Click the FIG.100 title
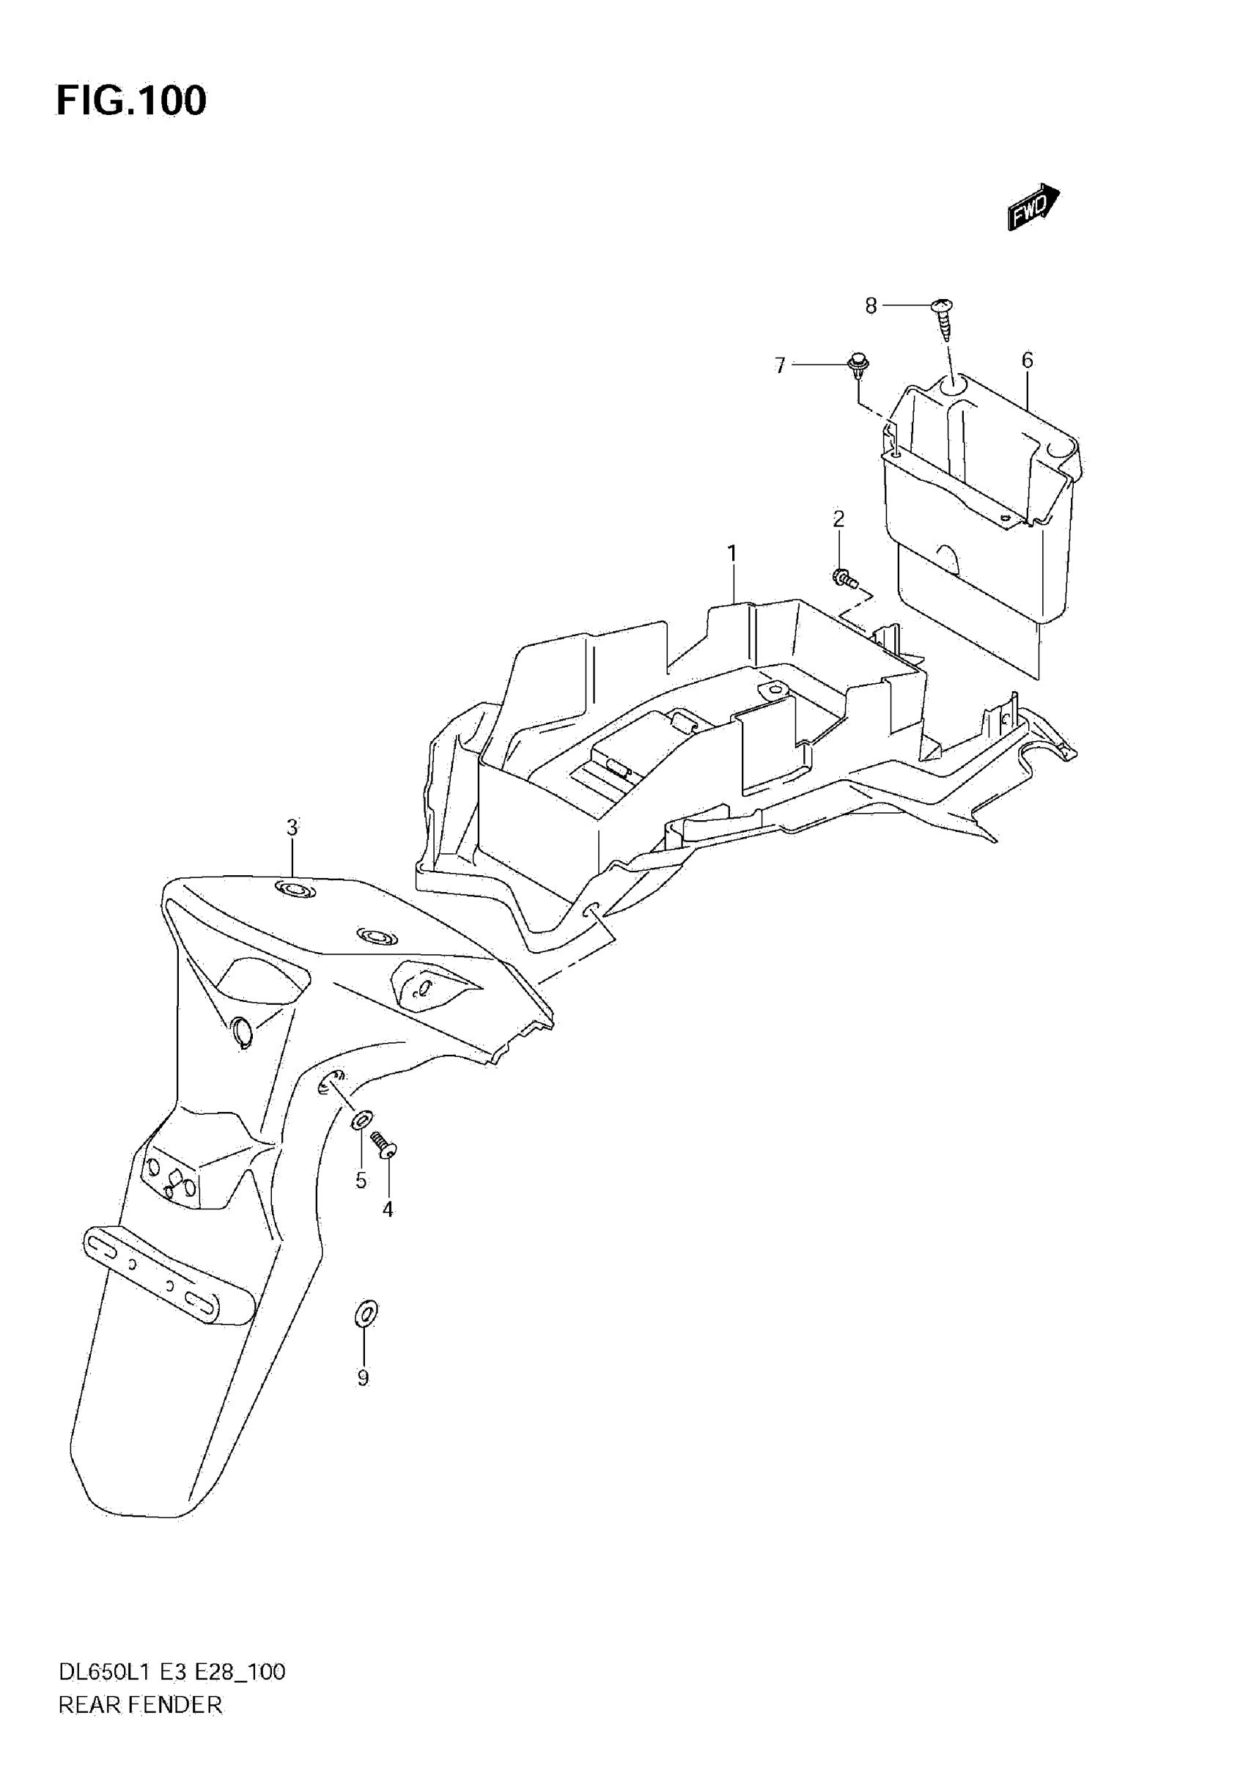pyautogui.click(x=131, y=100)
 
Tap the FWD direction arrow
pyautogui.click(x=1033, y=206)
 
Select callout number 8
pyautogui.click(x=871, y=306)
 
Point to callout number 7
pyautogui.click(x=780, y=365)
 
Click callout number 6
pyautogui.click(x=1027, y=360)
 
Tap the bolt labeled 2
pyautogui.click(x=843, y=577)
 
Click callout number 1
pyautogui.click(x=731, y=553)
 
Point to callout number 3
pyautogui.click(x=292, y=828)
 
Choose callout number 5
pyautogui.click(x=361, y=1180)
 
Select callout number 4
pyautogui.click(x=388, y=1209)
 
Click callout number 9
pyautogui.click(x=363, y=1378)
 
